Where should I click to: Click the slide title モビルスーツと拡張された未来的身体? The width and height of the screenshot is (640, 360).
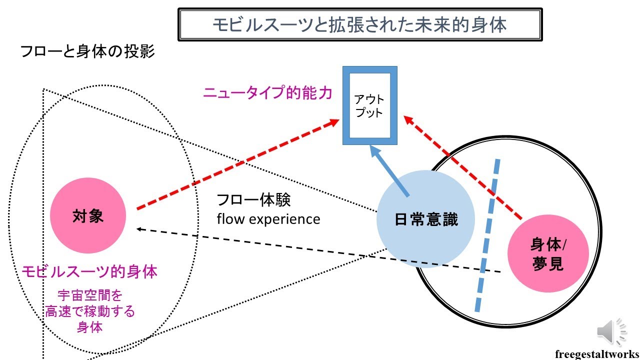(x=359, y=24)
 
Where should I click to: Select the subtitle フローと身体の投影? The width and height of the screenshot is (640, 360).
(x=87, y=51)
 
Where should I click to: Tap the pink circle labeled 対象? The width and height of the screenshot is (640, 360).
(x=88, y=215)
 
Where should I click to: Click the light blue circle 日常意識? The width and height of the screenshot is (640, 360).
(x=425, y=219)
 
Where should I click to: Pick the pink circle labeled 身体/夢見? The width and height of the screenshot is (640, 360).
(x=548, y=253)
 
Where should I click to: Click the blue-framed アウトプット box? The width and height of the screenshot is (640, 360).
(x=370, y=105)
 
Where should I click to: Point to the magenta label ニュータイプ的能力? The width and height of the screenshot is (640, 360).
(x=267, y=92)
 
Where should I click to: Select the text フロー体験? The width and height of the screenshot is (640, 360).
(x=253, y=199)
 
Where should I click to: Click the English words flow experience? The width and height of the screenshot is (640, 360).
(x=268, y=219)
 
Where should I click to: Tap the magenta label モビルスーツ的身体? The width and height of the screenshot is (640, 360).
(x=89, y=271)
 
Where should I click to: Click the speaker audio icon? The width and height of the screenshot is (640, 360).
(x=611, y=331)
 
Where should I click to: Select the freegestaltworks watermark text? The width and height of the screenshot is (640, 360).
(x=596, y=354)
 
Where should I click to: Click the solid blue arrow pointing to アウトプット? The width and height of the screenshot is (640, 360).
(x=389, y=170)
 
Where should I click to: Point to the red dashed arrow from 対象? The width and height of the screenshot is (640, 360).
(x=238, y=164)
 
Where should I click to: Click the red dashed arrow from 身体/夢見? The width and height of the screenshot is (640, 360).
(x=463, y=167)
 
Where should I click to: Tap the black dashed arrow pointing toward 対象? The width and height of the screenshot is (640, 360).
(x=318, y=250)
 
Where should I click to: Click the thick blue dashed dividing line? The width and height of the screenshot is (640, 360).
(x=487, y=235)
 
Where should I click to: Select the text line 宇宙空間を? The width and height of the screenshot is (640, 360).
(x=90, y=295)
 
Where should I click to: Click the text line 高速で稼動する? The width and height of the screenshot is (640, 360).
(x=89, y=311)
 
